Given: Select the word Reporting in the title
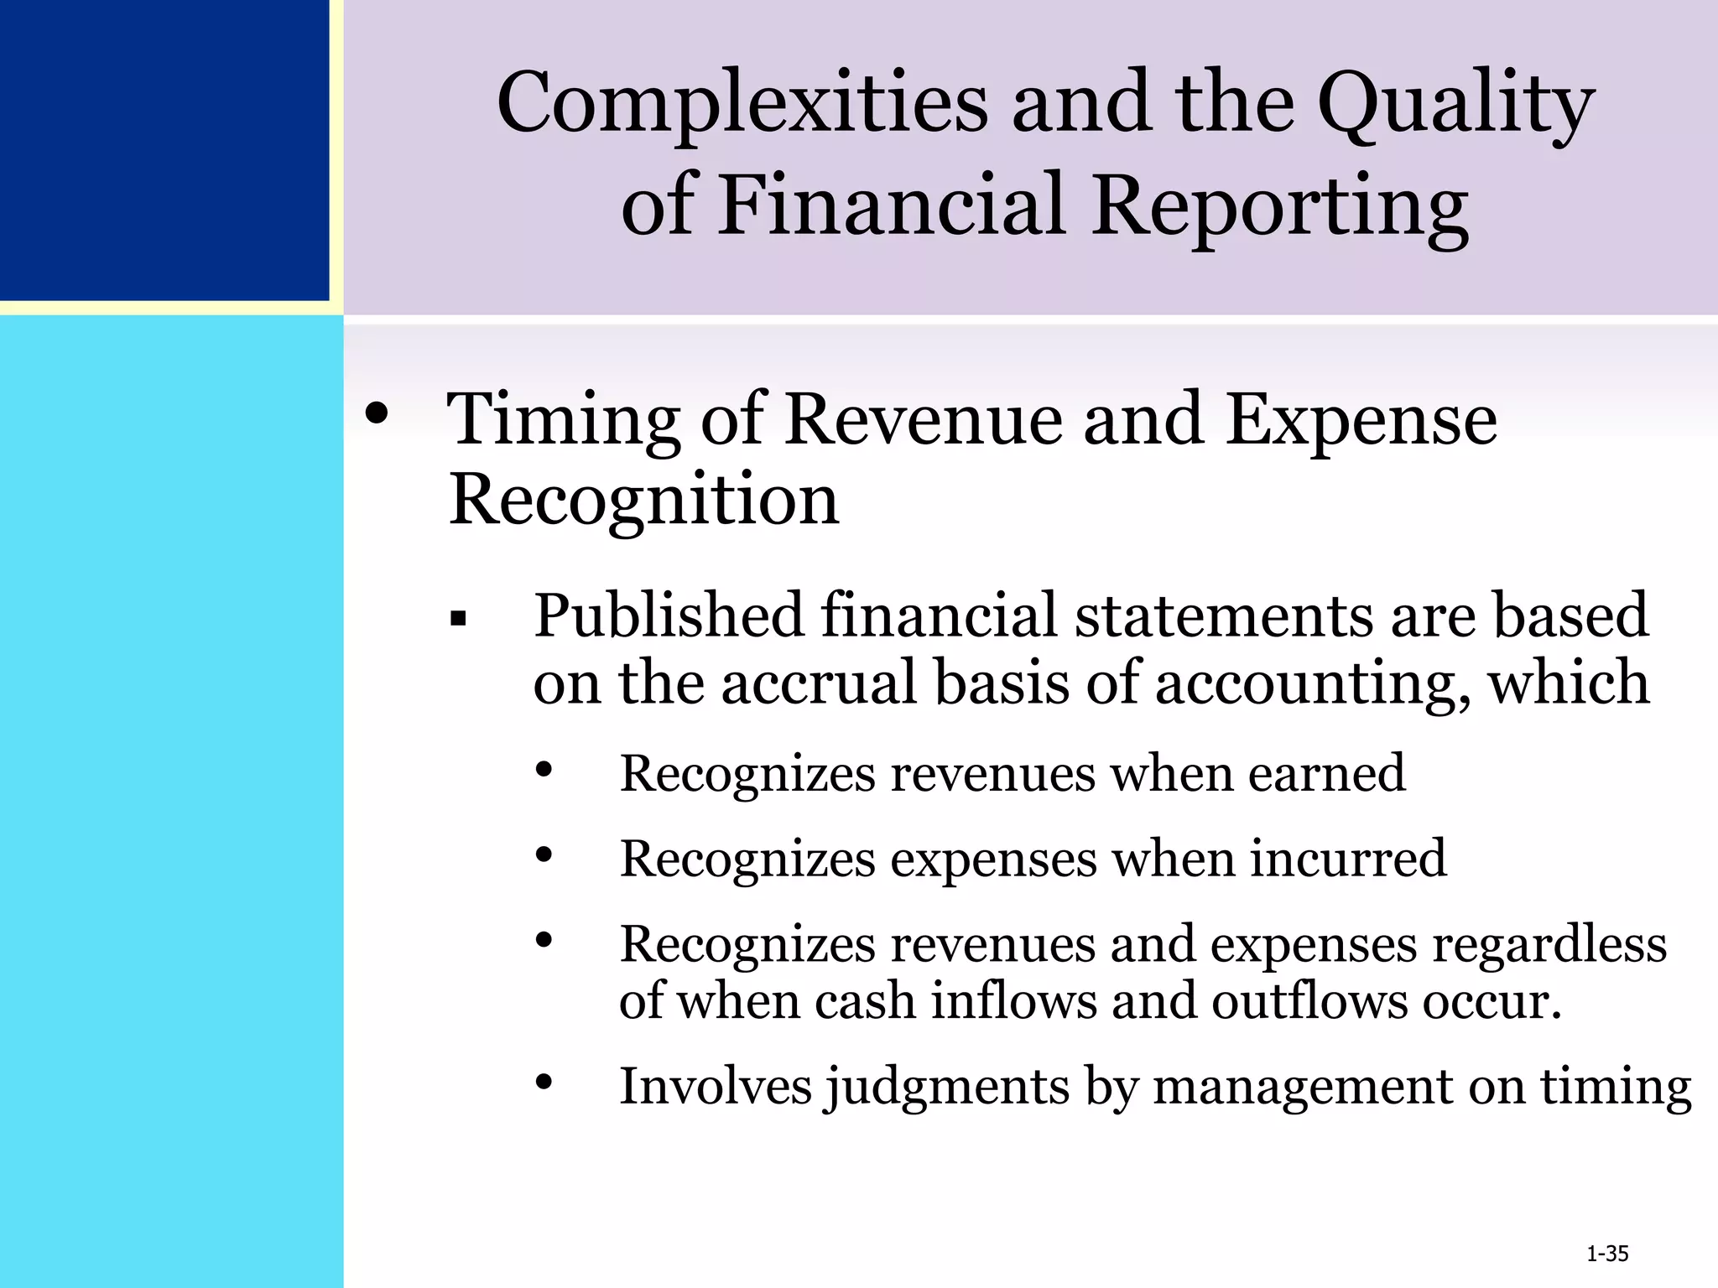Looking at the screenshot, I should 1281,205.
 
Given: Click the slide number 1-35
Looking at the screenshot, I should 1607,1254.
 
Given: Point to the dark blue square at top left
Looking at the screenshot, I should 164,149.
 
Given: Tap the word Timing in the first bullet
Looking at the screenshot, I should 564,421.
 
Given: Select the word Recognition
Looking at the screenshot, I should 643,501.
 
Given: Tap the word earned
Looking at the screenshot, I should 1326,773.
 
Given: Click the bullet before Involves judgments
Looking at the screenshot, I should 544,1082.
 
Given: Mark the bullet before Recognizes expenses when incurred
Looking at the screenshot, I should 544,854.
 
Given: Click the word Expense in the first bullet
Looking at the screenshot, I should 1361,421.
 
